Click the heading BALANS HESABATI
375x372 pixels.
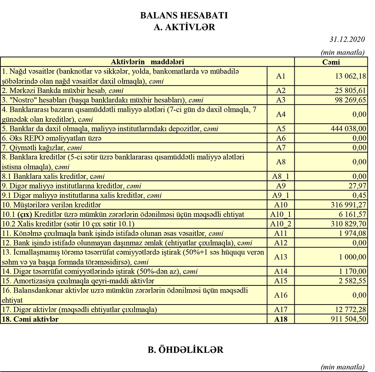tap(184, 16)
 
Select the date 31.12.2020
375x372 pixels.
tap(347, 39)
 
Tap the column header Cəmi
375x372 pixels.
tap(331, 62)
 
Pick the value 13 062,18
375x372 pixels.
tap(351, 76)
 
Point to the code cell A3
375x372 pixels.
tap(280, 100)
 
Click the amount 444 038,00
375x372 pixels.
tap(348, 129)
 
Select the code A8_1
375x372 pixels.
tap(280, 176)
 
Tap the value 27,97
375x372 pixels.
tap(357, 186)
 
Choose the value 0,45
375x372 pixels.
tap(359, 195)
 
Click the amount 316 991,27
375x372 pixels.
tap(348, 205)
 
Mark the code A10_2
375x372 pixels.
tap(280, 224)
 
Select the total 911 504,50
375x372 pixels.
tap(348, 319)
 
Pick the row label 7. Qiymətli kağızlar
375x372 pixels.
tap(42, 148)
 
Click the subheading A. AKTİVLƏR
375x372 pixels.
tap(184, 27)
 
